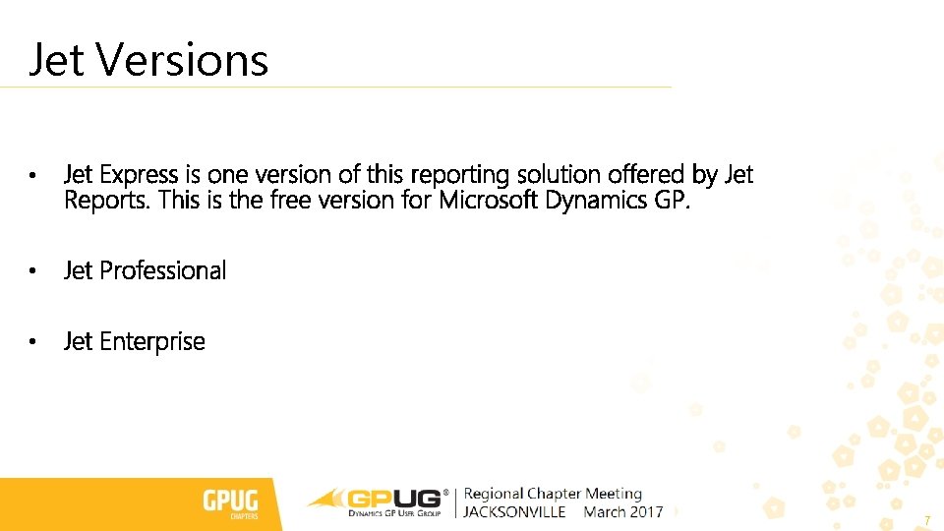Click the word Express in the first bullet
click(140, 175)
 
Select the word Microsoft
click(489, 201)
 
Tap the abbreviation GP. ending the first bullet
click(674, 201)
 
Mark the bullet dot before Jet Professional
click(32, 270)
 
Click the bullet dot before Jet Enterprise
click(32, 342)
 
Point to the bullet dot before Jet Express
click(32, 176)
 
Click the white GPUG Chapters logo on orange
click(230, 503)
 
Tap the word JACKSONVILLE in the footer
click(514, 512)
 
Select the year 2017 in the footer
click(648, 512)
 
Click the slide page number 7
click(926, 518)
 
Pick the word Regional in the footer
click(494, 494)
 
